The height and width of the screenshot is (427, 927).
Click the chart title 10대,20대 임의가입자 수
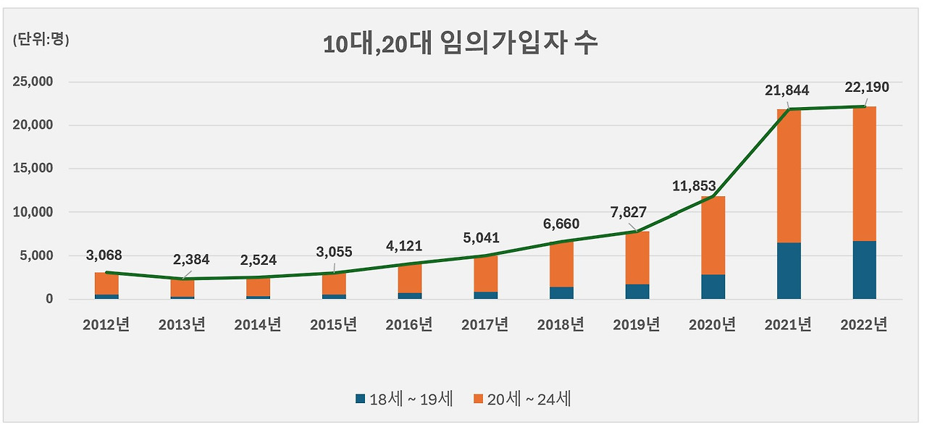pyautogui.click(x=461, y=44)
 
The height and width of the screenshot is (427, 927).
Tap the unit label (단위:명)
pyautogui.click(x=41, y=41)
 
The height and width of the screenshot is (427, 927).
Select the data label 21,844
pyautogui.click(x=787, y=90)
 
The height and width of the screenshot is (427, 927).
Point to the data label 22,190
pyautogui.click(x=866, y=88)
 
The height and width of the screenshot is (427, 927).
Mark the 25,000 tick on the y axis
pyautogui.click(x=34, y=82)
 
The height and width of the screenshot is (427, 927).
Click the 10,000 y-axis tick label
pyautogui.click(x=34, y=212)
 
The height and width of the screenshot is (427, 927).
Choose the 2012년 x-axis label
pyautogui.click(x=106, y=325)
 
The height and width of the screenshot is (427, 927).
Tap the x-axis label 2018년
pyautogui.click(x=561, y=325)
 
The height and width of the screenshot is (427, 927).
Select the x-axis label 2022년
pyautogui.click(x=864, y=325)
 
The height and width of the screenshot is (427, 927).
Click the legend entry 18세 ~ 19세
pyautogui.click(x=404, y=399)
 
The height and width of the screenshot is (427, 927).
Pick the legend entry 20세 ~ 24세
pyautogui.click(x=522, y=399)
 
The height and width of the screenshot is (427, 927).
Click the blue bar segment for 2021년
pyautogui.click(x=789, y=271)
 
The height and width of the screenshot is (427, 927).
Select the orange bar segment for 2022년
pyautogui.click(x=864, y=174)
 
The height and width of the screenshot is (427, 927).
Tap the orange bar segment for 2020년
pyautogui.click(x=713, y=235)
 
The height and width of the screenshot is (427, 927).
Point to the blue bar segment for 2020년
pyautogui.click(x=713, y=287)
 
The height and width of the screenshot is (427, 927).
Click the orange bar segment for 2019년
pyautogui.click(x=637, y=258)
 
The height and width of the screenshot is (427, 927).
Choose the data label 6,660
pyautogui.click(x=561, y=225)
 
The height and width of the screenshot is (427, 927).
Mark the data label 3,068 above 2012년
pyautogui.click(x=104, y=255)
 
